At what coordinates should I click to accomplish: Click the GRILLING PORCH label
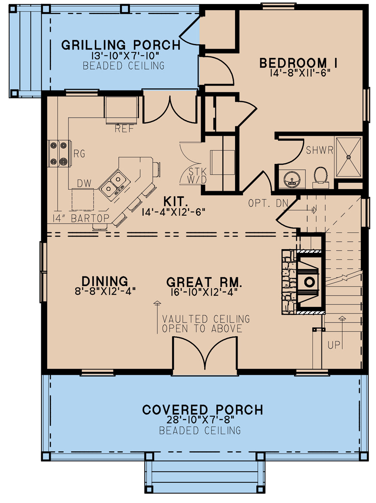coord(121,45)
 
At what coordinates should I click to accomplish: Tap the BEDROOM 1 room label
coord(298,63)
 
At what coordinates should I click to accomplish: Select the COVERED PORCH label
coord(202,410)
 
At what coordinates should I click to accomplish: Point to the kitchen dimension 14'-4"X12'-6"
coord(173,212)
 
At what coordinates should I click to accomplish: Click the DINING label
coord(104,281)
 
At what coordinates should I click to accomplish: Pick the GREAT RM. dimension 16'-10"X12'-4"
coord(204,292)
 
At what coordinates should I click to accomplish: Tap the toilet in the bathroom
coord(320,175)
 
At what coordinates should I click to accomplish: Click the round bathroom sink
coord(292,179)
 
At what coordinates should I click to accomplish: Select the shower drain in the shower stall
coord(349,157)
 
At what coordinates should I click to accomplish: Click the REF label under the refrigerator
coord(124,129)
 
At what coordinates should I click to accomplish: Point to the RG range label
coord(79,154)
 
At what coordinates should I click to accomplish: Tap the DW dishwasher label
coord(84,183)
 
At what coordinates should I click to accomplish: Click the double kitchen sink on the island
coord(114,184)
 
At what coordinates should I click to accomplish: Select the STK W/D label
coord(197,175)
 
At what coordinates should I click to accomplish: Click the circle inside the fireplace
coord(309,282)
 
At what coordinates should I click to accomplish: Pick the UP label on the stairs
coord(334,345)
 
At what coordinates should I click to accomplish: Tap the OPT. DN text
coord(268,203)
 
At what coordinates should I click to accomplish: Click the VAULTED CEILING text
coord(206,319)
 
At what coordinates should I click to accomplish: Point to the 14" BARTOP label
coord(81,218)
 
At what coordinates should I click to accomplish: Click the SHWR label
coord(320,150)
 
